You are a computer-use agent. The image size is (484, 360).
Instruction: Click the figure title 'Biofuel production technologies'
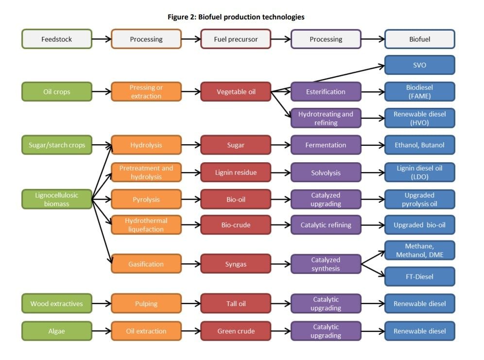(x=236, y=17)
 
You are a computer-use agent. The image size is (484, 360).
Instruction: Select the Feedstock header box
(x=57, y=39)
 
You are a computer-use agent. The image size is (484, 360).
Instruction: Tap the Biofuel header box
(x=420, y=39)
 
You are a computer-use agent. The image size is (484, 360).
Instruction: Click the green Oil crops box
(x=57, y=92)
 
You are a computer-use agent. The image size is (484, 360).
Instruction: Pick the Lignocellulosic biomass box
(x=57, y=200)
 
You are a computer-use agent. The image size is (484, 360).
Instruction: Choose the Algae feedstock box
(x=57, y=331)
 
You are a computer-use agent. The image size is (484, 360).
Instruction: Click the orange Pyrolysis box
(x=146, y=200)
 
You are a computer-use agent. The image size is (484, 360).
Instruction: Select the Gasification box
(x=146, y=264)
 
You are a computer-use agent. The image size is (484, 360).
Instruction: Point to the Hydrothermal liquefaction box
(x=146, y=225)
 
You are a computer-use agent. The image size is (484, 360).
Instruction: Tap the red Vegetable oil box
(x=236, y=92)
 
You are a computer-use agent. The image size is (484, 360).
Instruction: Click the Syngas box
(x=236, y=264)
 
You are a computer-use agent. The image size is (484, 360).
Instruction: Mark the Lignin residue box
(x=236, y=172)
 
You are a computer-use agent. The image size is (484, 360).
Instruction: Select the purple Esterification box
(x=326, y=92)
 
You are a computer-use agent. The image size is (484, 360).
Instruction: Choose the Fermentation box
(x=326, y=145)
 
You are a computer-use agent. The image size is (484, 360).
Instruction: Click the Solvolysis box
(x=326, y=172)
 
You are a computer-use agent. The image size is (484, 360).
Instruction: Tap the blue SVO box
(x=420, y=65)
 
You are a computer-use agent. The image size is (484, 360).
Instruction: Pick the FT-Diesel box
(x=420, y=276)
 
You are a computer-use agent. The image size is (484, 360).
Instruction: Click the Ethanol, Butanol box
(x=420, y=145)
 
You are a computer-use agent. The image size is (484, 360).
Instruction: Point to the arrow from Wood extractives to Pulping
(x=102, y=304)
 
